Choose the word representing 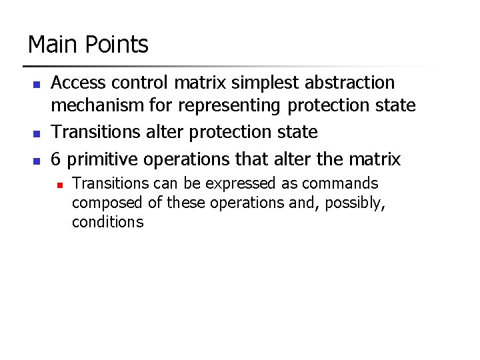(229, 106)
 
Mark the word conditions (107, 223)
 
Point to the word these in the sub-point (187, 203)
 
